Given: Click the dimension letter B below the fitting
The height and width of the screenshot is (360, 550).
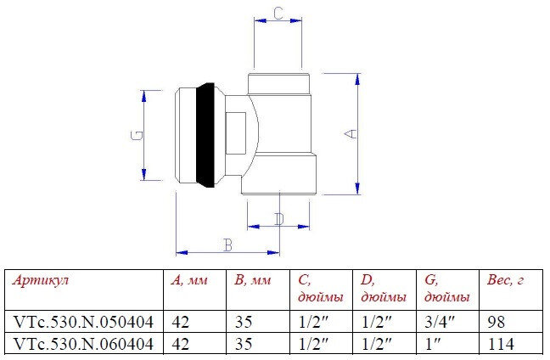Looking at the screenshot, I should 227,245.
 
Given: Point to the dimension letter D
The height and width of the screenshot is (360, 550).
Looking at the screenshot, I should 279,219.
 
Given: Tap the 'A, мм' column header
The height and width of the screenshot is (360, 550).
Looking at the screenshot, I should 189,281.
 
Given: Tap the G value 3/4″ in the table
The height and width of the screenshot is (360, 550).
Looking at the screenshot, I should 435,323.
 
